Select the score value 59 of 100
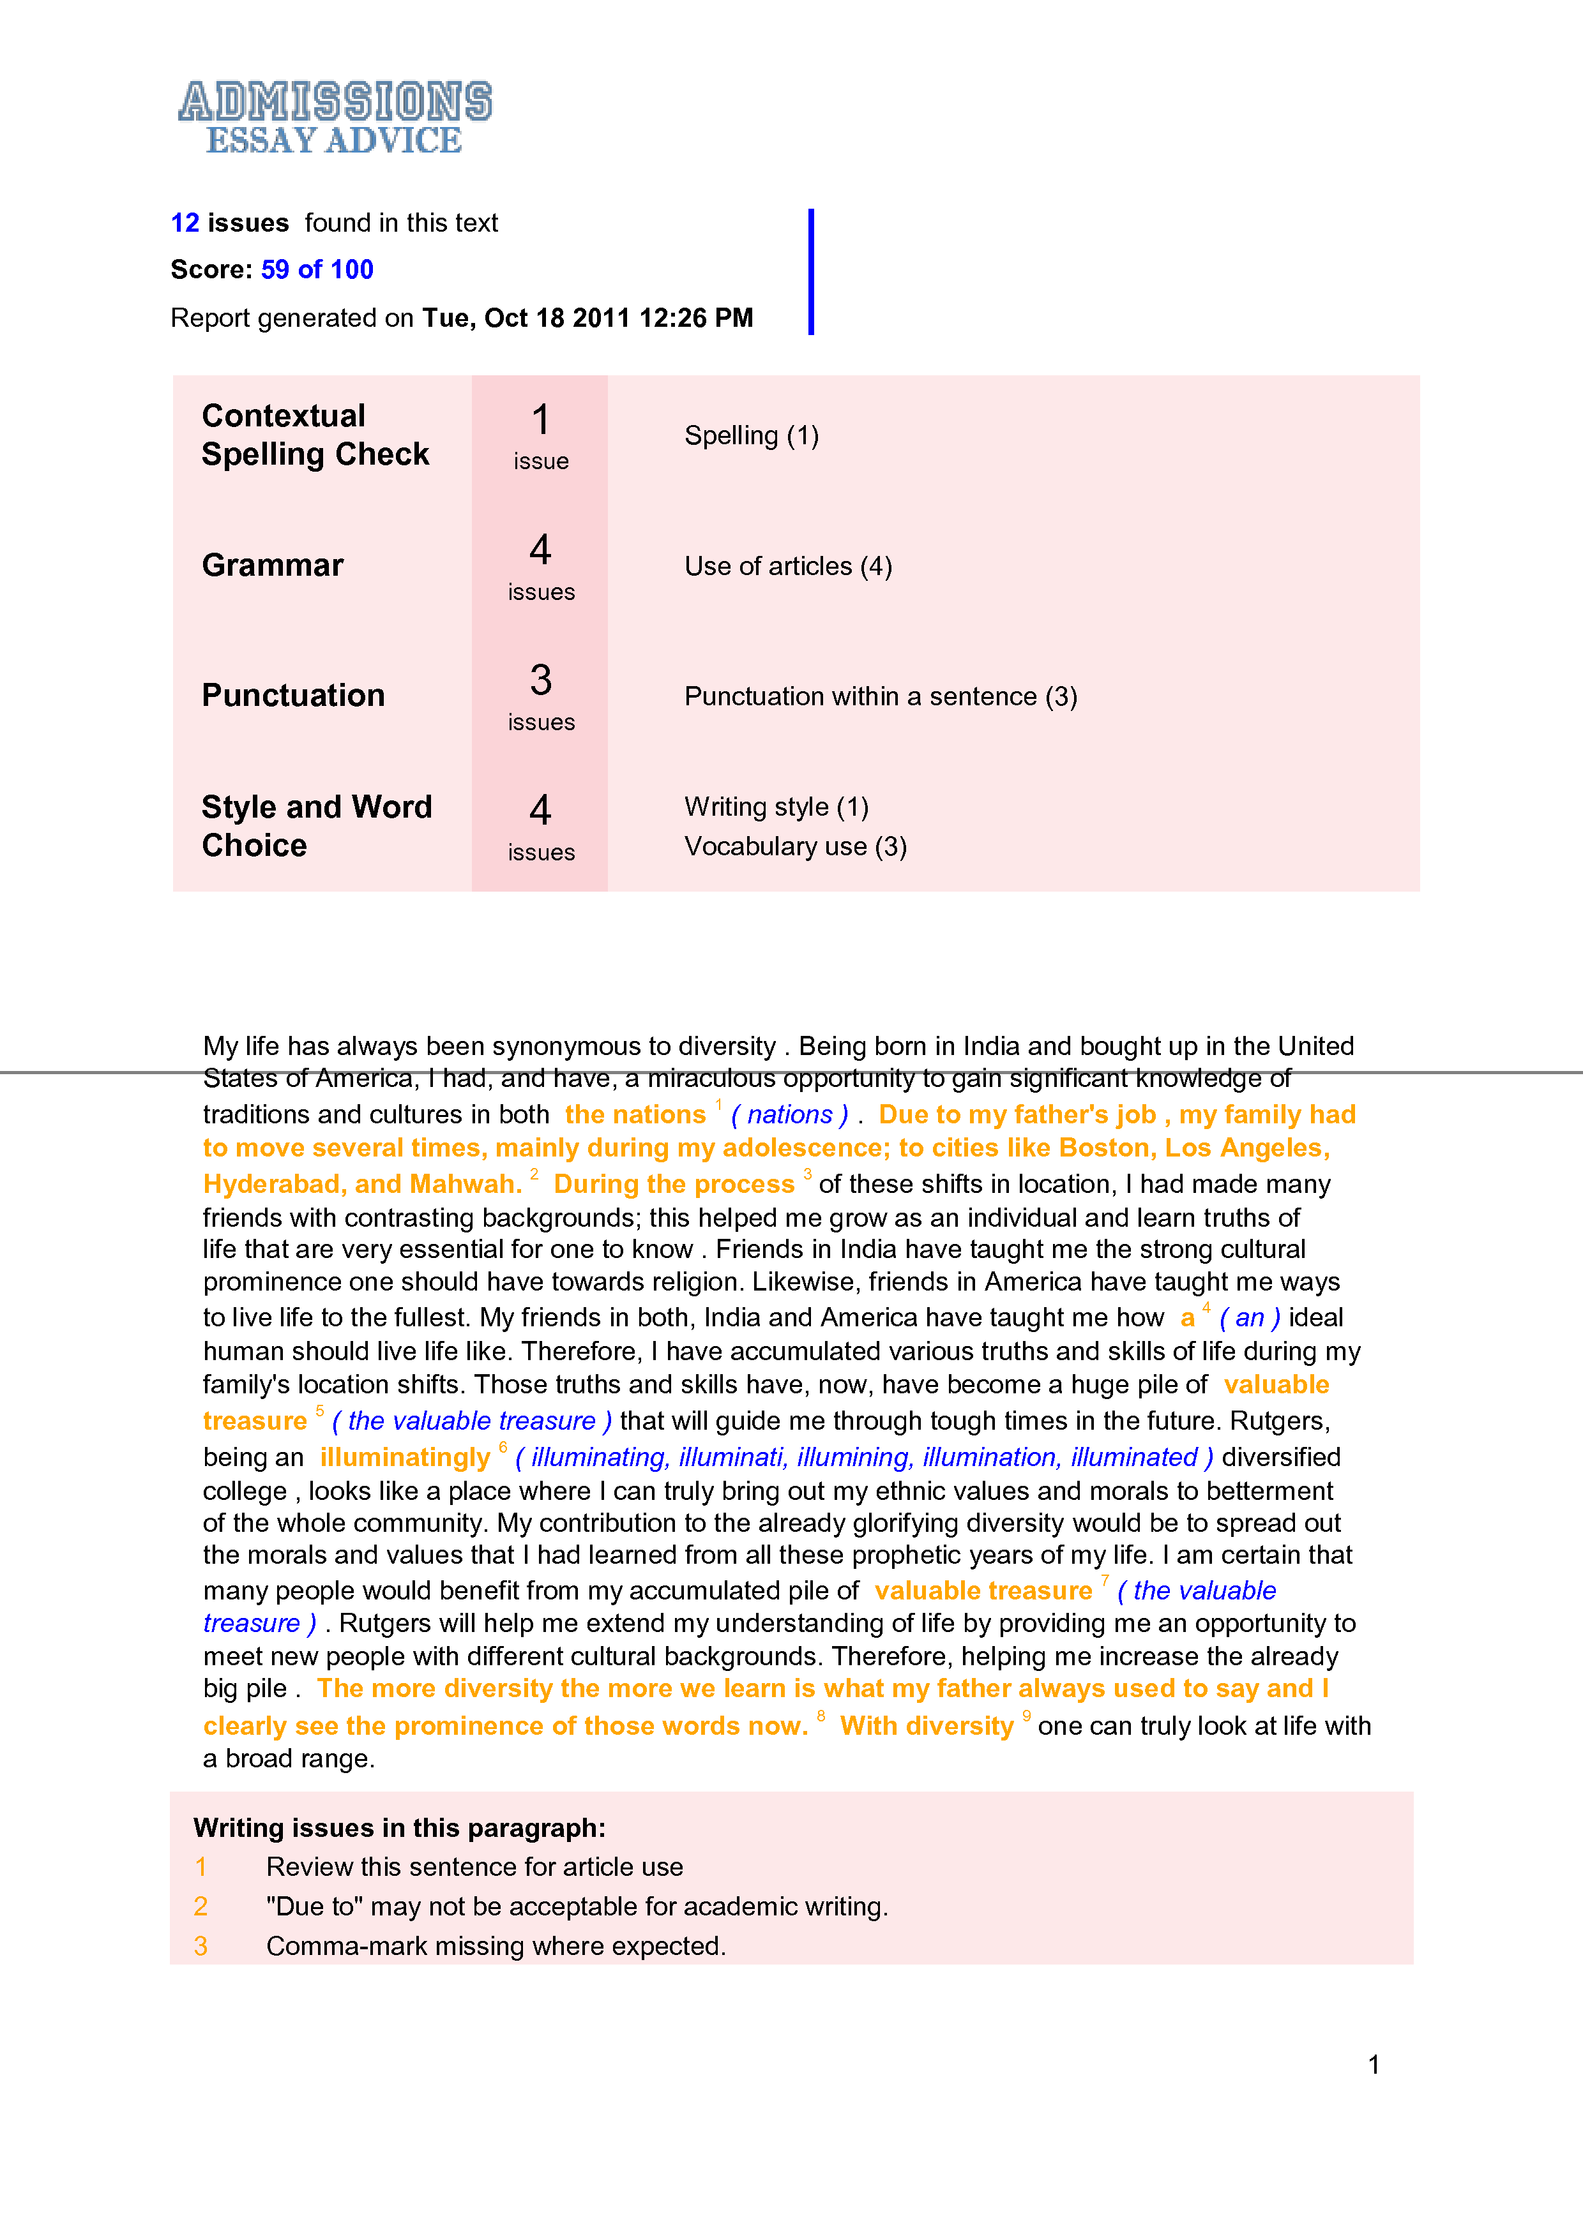point(317,269)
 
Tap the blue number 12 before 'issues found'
point(185,223)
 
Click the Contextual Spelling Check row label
point(315,435)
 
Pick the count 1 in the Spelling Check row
point(540,421)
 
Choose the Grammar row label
point(272,565)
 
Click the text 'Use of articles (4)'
point(788,567)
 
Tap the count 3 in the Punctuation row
point(540,680)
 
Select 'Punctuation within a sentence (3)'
point(881,696)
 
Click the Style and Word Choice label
point(316,826)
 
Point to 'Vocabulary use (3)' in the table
point(795,846)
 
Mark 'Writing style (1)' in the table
point(776,807)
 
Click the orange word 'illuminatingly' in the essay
point(405,1457)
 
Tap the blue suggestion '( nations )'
point(789,1114)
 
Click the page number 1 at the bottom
point(1374,2065)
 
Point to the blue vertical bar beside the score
point(810,271)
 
